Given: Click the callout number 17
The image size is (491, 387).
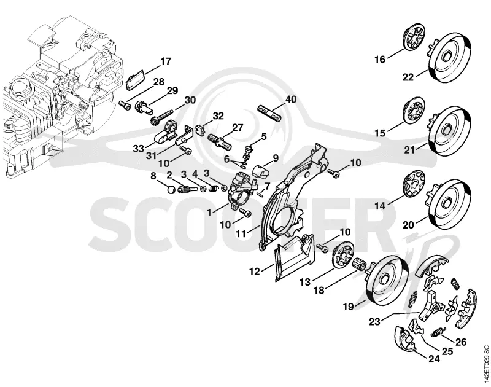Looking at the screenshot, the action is (166, 61).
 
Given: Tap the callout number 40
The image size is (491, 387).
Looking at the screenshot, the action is (290, 100).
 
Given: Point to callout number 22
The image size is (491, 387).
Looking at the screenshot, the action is (408, 77).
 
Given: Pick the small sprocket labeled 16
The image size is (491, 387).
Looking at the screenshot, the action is (413, 38).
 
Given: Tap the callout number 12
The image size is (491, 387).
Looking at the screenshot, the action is (255, 272).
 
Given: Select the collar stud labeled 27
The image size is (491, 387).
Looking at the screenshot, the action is (220, 141).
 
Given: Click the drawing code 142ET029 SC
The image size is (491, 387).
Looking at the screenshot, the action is (485, 364).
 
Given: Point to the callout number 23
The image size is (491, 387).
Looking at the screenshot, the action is (375, 321).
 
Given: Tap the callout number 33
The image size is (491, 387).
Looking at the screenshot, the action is (138, 149).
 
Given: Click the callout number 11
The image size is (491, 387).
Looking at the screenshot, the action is (241, 233).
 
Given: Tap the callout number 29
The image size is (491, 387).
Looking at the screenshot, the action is (172, 90).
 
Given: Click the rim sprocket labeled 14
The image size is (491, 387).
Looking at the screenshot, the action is (413, 186).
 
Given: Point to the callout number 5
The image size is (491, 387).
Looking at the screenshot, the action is (264, 136).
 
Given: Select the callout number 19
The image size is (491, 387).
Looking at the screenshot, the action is (348, 306).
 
